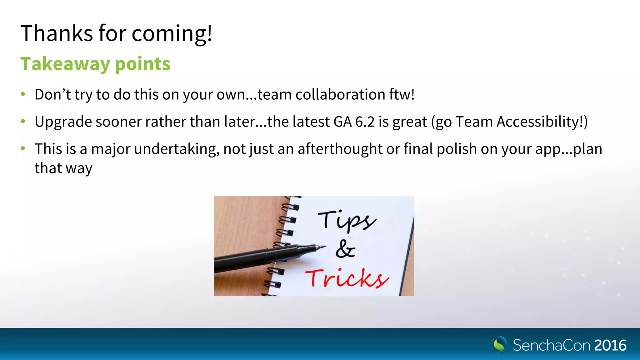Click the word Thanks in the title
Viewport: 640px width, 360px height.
tap(57, 33)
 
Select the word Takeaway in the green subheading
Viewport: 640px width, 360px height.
tap(65, 64)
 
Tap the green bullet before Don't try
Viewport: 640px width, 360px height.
tap(23, 94)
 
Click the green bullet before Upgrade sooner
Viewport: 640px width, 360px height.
tap(23, 121)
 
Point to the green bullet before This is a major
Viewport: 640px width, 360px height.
tap(23, 148)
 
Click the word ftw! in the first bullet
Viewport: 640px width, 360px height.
tap(402, 94)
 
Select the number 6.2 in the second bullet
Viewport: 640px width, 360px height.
tap(365, 122)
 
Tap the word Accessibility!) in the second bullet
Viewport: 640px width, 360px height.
tap(542, 122)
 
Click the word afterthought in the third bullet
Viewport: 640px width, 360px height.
tap(340, 149)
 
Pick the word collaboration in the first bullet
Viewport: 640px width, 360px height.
tap(340, 94)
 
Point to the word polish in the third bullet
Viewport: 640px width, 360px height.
tap(457, 149)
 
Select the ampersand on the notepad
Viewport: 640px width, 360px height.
tap(345, 249)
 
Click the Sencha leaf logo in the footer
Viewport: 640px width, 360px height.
tap(499, 345)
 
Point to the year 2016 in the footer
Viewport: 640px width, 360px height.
tap(610, 345)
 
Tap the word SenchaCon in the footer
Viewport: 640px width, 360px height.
tap(552, 345)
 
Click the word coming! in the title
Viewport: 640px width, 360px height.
tap(172, 34)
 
